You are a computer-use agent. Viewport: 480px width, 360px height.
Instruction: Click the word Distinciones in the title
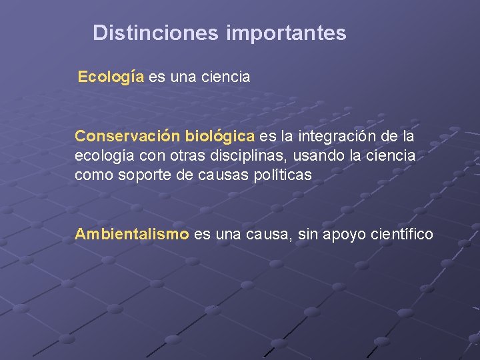tap(155, 33)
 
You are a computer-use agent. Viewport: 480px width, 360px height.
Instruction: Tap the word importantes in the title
tap(286, 33)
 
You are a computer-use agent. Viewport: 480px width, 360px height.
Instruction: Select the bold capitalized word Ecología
tap(111, 77)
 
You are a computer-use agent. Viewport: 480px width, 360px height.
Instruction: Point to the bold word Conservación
tap(127, 137)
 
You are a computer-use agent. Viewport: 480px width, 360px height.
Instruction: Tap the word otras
tap(189, 156)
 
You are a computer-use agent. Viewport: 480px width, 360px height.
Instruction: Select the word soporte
tap(140, 175)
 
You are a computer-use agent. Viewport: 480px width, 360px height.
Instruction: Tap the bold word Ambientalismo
tap(132, 235)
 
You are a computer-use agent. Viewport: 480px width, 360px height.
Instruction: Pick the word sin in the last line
tap(307, 235)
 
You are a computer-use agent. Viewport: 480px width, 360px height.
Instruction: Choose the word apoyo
tap(343, 235)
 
